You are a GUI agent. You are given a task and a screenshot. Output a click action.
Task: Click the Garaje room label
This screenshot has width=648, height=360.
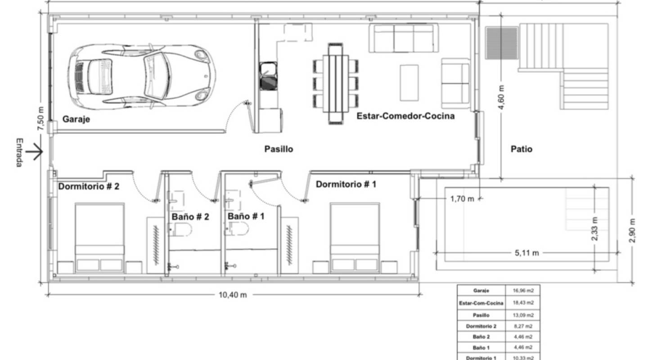pyautogui.click(x=76, y=119)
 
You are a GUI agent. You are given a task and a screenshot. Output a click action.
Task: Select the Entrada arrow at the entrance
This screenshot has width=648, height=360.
pyautogui.click(x=34, y=153)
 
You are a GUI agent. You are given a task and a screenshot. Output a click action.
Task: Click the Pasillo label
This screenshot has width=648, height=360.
pyautogui.click(x=279, y=149)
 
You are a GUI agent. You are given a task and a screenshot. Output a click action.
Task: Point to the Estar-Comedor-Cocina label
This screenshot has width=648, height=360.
pyautogui.click(x=405, y=116)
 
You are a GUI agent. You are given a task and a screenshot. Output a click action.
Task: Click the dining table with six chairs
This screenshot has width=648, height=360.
pyautogui.click(x=336, y=84)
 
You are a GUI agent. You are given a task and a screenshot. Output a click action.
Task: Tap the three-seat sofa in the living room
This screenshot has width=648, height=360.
pyautogui.click(x=404, y=38)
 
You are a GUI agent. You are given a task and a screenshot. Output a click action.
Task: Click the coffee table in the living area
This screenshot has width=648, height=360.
pyautogui.click(x=409, y=83)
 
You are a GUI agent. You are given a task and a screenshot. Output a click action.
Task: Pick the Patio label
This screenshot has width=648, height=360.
pyautogui.click(x=522, y=149)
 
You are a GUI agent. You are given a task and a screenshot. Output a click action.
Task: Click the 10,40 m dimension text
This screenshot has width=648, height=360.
pyautogui.click(x=233, y=295)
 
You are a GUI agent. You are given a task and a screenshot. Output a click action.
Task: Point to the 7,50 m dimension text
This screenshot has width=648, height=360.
pyautogui.click(x=41, y=119)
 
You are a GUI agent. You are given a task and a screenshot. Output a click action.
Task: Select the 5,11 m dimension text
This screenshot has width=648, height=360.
pyautogui.click(x=526, y=253)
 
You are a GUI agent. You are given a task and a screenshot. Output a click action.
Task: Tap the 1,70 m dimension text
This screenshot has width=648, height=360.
pyautogui.click(x=462, y=198)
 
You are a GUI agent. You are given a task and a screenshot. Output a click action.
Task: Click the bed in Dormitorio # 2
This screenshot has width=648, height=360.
pyautogui.click(x=99, y=238)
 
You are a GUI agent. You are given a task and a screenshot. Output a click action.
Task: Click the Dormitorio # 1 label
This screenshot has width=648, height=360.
pyautogui.click(x=346, y=184)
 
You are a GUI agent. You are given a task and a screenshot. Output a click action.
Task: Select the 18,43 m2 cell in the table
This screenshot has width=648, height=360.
pyautogui.click(x=523, y=303)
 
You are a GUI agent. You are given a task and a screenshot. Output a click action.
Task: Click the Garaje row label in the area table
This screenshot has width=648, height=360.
pyautogui.click(x=481, y=291)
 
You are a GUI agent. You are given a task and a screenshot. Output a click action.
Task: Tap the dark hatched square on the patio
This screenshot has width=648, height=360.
pyautogui.click(x=502, y=43)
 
